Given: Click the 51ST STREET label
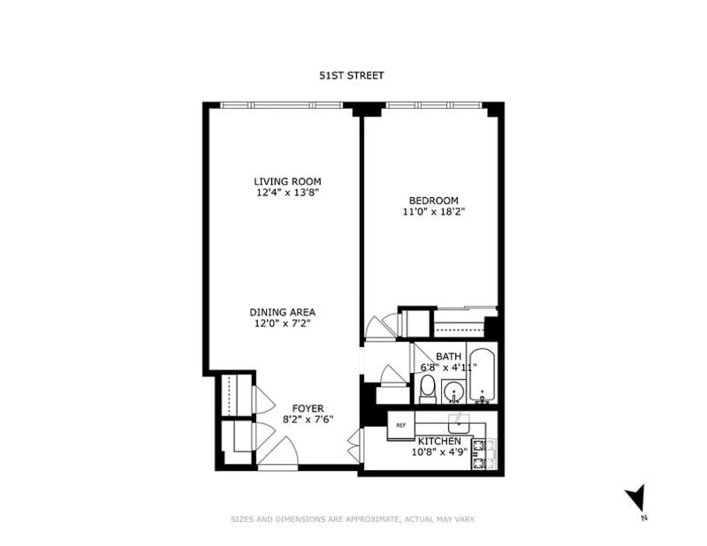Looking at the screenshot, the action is coord(352,75).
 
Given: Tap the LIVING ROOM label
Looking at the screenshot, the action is coord(288,181).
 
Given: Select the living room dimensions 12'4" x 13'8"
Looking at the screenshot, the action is coord(288,193).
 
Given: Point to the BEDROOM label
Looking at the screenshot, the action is coord(433,201).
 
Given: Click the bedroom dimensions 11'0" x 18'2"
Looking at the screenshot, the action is coord(433,211).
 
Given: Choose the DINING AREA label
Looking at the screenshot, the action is coord(283,312).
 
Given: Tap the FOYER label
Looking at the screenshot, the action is coord(308,408).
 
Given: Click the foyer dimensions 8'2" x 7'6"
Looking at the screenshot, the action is coord(308,420).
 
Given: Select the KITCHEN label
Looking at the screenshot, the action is coord(439,441).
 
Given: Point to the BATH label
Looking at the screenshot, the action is coord(449,357).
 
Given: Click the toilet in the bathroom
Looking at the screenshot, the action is coord(428,390).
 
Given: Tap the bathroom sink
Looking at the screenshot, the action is coord(453,391).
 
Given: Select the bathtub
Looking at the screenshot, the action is coord(482,375).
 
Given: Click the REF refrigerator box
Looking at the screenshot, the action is coord(401,425).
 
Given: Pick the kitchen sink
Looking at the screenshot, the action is coord(459,423).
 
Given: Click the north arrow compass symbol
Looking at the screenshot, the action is coord(636,499).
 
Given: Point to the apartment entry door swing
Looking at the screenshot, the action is coord(278,451).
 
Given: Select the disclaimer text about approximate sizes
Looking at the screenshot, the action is coord(353,519).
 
